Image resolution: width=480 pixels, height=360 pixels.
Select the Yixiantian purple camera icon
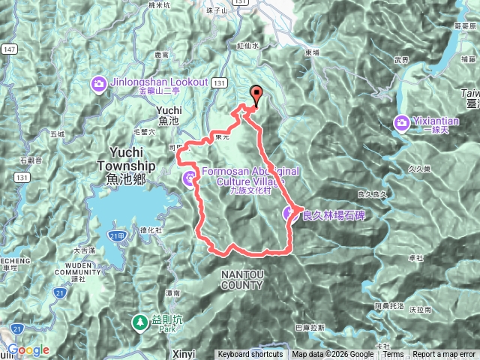(402, 121)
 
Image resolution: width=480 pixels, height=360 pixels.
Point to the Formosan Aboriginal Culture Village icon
(188, 178)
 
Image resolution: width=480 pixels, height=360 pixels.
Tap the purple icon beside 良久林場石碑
(290, 214)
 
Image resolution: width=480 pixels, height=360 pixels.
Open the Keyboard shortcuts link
(250, 355)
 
